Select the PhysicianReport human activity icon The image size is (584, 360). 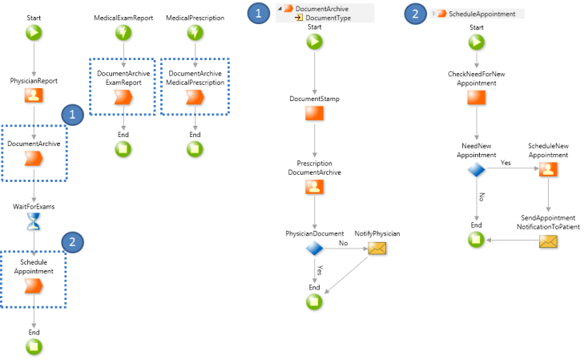click(34, 97)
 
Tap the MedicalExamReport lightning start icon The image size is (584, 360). click(123, 33)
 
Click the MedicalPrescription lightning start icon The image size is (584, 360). click(195, 33)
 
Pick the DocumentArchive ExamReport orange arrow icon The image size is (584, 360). click(123, 97)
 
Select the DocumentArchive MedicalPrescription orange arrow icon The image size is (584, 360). click(195, 97)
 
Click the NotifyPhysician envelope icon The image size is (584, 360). click(376, 249)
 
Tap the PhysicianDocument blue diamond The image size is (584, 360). click(315, 249)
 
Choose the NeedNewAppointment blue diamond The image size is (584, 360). click(477, 169)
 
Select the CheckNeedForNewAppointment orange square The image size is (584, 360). click(477, 98)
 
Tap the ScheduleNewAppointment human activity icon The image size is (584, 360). click(548, 169)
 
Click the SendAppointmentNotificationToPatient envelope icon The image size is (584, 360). click(548, 241)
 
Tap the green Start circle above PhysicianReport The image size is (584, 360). click(34, 33)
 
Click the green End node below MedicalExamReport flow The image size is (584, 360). click(123, 148)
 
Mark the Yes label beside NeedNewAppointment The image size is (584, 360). click(505, 163)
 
